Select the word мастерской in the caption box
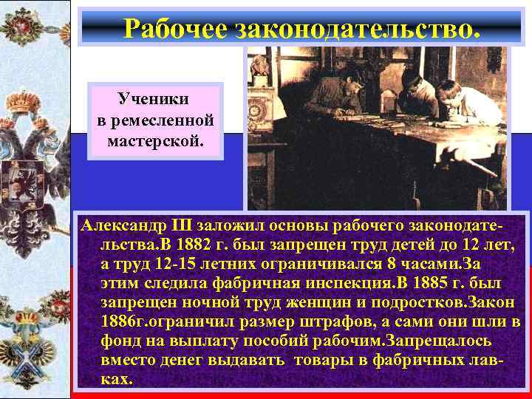(x=154, y=139)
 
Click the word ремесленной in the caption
(x=154, y=119)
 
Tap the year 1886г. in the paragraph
(x=124, y=321)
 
